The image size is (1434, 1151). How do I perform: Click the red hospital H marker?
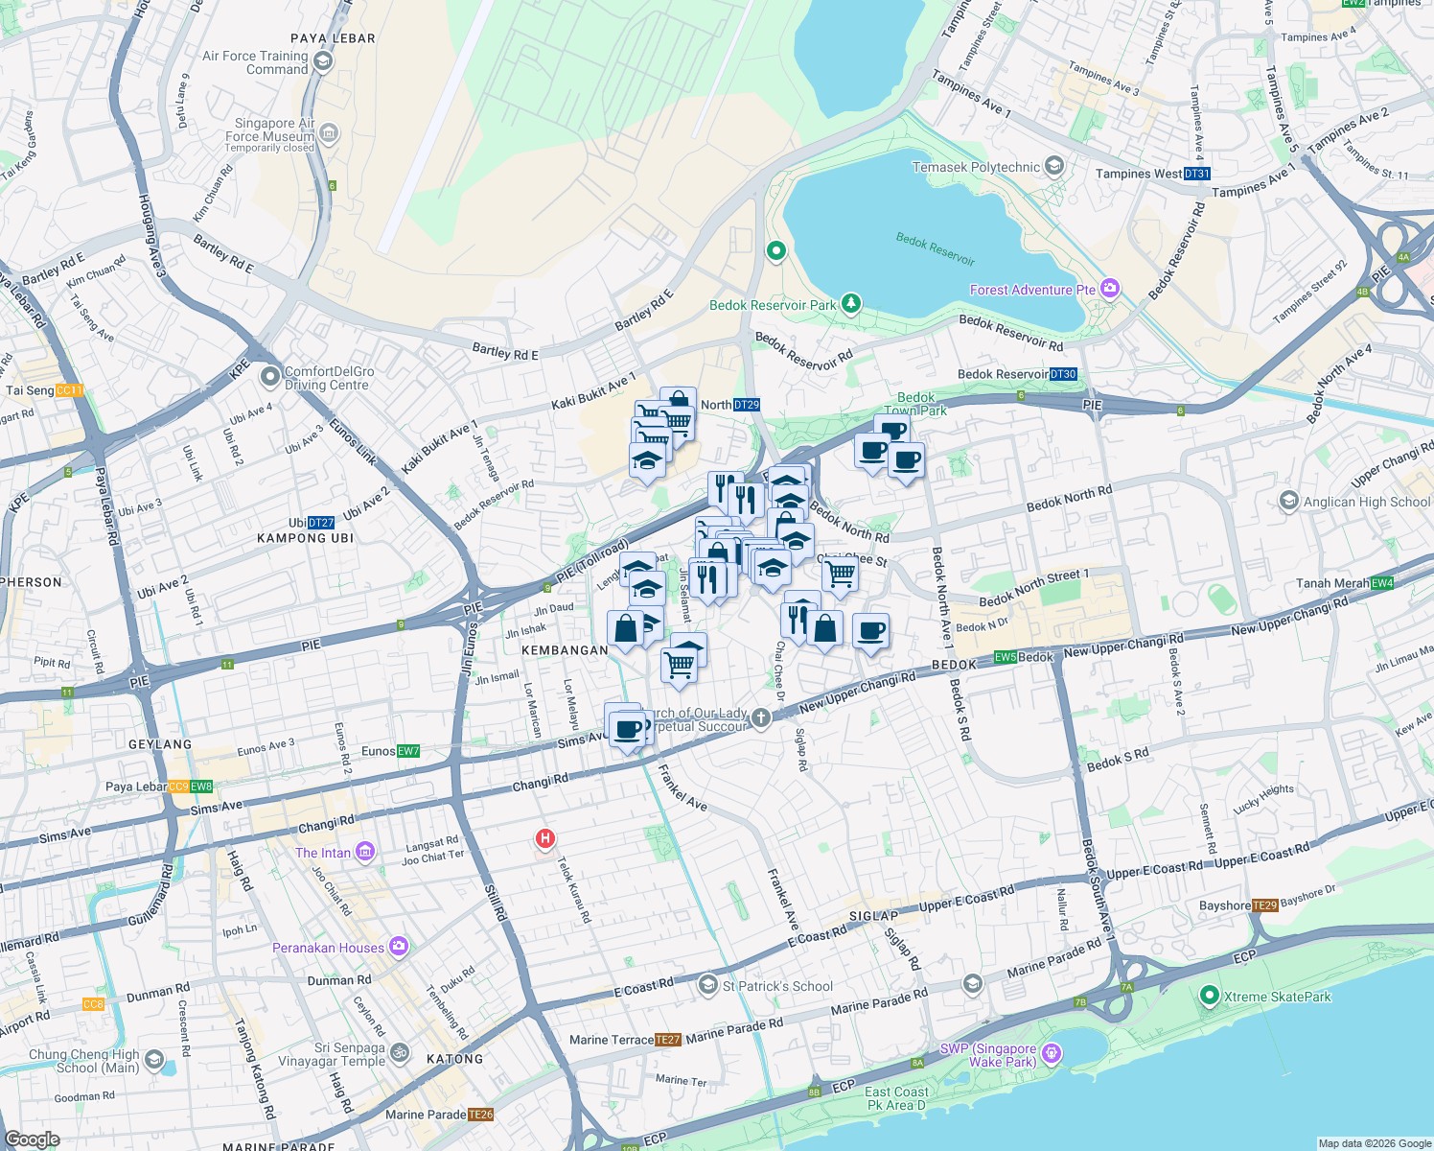click(x=544, y=839)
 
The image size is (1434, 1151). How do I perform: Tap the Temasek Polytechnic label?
click(x=976, y=167)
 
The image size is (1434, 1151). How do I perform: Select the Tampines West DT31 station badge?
click(x=1197, y=174)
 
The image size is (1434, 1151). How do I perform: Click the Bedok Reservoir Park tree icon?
click(x=850, y=304)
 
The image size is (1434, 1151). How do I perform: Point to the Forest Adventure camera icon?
click(x=1110, y=289)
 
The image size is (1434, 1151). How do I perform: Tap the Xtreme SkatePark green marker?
click(x=1210, y=997)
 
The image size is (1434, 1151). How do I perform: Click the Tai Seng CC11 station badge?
click(x=70, y=390)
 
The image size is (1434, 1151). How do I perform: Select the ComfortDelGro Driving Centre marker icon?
click(x=269, y=376)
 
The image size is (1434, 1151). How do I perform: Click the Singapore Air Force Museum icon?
click(x=329, y=131)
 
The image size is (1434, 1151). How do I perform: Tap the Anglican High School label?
click(x=1366, y=502)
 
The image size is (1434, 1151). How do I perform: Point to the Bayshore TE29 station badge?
click(x=1265, y=905)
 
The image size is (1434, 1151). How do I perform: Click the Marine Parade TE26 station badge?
click(x=481, y=1115)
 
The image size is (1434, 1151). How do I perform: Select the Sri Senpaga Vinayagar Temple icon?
click(x=400, y=1053)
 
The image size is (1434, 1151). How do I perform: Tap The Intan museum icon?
click(x=364, y=852)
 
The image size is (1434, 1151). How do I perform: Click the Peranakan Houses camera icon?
click(x=398, y=947)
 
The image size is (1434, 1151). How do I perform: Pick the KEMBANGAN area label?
click(x=565, y=650)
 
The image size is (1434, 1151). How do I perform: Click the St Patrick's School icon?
click(x=707, y=984)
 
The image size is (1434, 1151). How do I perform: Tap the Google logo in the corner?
click(x=32, y=1139)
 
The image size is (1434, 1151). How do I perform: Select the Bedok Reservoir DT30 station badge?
click(x=1063, y=374)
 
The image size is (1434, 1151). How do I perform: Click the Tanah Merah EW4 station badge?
click(x=1382, y=583)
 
